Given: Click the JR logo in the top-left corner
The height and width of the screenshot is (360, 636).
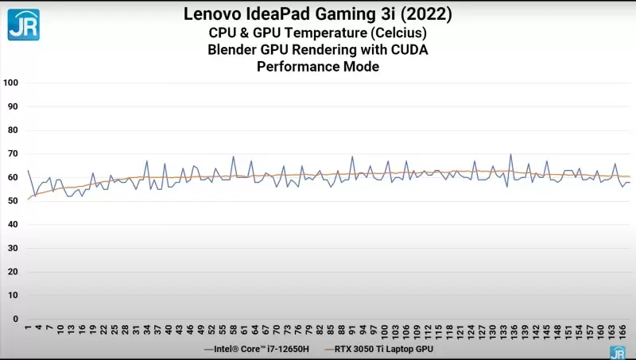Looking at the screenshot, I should coord(24,24).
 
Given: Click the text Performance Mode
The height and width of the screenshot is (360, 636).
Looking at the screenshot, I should coord(317,68).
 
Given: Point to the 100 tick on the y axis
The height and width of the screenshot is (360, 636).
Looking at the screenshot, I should coord(11,83).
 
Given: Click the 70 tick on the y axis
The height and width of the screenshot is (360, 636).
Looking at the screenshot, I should coord(13,153).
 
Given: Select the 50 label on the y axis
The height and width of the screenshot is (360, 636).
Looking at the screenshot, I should coord(13,201).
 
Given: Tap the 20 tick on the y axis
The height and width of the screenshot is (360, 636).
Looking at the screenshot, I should coord(13,272).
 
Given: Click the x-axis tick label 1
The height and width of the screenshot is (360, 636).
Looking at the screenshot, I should coord(28,327).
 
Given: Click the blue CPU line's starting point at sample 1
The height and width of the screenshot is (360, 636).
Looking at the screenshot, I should coord(28,170).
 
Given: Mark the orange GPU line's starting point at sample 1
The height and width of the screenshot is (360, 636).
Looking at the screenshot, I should coord(28,199).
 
